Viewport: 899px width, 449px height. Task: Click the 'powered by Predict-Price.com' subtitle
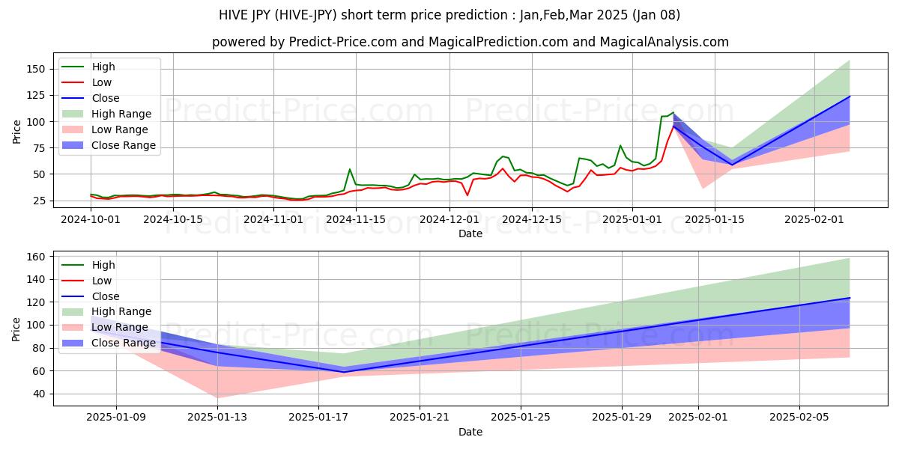[470, 42]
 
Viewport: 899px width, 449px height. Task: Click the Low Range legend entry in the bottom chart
[121, 328]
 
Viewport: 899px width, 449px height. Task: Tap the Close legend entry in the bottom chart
[106, 296]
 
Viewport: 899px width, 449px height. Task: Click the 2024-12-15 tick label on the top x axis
[531, 219]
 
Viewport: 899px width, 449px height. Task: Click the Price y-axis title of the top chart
[17, 132]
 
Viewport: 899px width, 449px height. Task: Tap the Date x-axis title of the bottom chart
[470, 432]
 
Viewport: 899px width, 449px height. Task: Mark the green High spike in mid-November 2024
[350, 169]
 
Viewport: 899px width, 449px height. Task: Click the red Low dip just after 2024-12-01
[467, 195]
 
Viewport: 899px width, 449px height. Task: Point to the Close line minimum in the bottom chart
[344, 372]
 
